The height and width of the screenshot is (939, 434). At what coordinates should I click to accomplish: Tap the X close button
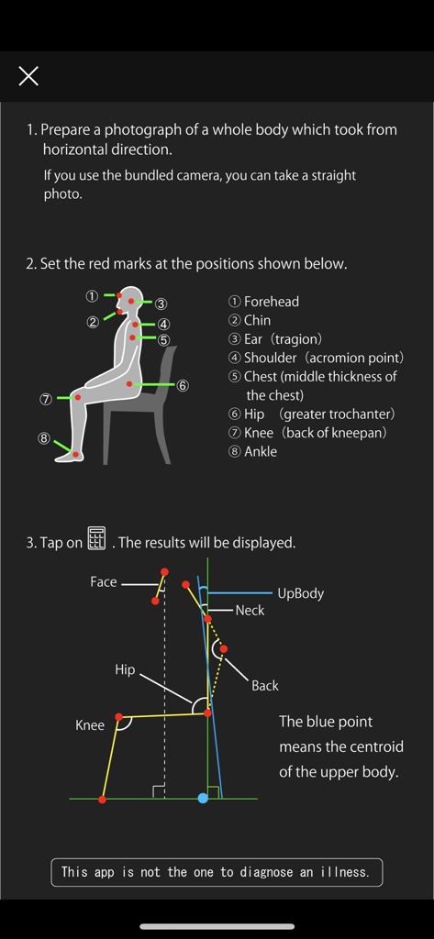[28, 76]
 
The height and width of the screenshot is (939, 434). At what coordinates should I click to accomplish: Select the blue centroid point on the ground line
[203, 799]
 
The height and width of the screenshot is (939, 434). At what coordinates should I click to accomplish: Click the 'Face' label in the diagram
[104, 582]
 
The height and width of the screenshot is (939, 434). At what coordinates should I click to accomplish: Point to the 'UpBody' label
[300, 593]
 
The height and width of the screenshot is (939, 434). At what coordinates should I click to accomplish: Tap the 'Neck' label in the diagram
[250, 611]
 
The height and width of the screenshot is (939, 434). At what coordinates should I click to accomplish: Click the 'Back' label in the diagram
[264, 685]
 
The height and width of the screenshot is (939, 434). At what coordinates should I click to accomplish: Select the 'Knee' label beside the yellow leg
[90, 725]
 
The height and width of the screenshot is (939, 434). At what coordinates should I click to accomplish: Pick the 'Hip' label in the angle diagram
[125, 669]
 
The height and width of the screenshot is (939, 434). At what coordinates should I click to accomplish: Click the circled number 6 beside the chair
[183, 385]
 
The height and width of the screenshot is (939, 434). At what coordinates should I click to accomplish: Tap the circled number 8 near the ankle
[44, 438]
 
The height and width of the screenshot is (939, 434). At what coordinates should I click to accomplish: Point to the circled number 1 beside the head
[92, 296]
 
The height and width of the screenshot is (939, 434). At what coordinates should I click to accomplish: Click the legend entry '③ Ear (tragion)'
[274, 339]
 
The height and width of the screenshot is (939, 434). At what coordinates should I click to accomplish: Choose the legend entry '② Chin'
[249, 320]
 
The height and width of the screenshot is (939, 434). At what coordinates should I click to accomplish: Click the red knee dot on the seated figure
[78, 398]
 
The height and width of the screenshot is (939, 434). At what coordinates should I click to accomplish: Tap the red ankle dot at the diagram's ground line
[102, 800]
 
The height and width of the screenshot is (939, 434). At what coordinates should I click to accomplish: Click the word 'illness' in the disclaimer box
[341, 872]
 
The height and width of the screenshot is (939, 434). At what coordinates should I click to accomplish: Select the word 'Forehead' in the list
[271, 302]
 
